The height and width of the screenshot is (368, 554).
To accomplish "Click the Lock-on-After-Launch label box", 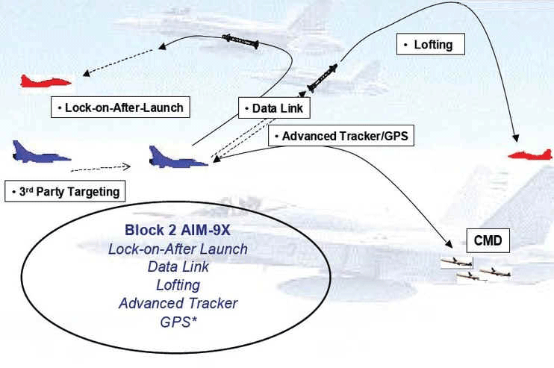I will [x=118, y=107].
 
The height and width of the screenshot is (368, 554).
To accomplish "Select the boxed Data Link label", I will [x=273, y=109].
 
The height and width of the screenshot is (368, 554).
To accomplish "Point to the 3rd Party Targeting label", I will [x=66, y=192].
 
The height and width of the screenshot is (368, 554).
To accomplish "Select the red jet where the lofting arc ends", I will [x=530, y=154].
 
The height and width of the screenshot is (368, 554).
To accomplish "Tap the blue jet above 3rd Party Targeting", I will [x=39, y=153].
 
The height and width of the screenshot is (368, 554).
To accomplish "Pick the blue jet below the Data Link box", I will [x=177, y=158].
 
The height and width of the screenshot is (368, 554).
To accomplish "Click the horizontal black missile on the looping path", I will [x=240, y=42].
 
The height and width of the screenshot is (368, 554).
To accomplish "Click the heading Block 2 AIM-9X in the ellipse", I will [x=177, y=231].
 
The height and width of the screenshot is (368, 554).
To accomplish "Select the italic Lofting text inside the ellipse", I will [x=177, y=285].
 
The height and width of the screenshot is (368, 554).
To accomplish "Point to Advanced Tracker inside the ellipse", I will [x=178, y=303].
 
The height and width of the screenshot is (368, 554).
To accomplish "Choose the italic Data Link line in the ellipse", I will [x=178, y=267].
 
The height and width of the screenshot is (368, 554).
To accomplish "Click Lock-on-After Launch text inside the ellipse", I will [x=178, y=249].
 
